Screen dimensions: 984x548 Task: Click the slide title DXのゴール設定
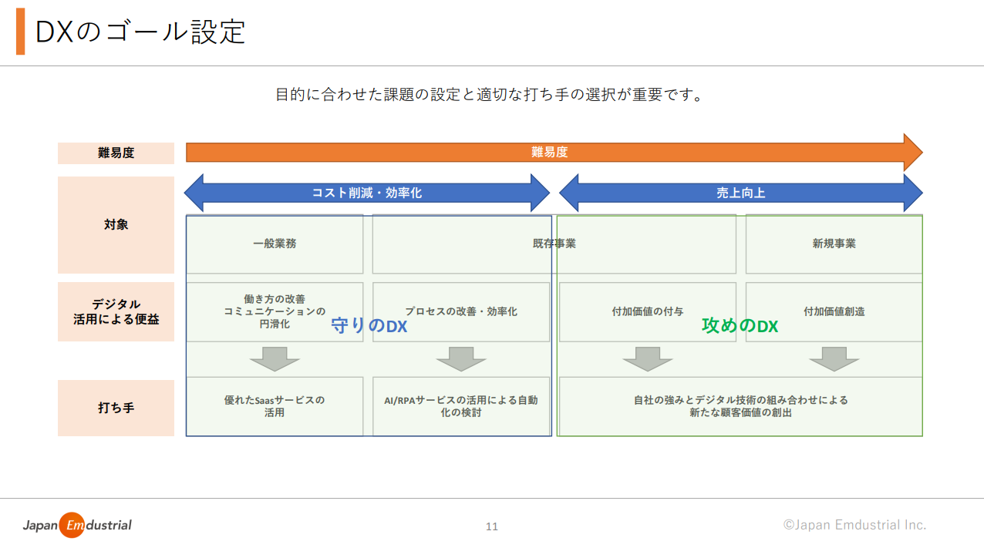[140, 32]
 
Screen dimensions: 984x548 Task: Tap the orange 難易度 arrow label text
[550, 152]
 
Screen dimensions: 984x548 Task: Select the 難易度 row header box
[116, 153]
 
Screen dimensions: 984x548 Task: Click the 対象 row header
[116, 225]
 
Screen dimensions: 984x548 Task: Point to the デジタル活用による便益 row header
[116, 311]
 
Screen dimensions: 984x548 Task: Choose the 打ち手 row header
[116, 408]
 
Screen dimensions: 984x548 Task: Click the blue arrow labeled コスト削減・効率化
[367, 193]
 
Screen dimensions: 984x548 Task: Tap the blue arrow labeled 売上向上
[740, 193]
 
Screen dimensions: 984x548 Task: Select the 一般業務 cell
[275, 244]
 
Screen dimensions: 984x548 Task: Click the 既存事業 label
[554, 244]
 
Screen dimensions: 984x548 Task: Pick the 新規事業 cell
[834, 244]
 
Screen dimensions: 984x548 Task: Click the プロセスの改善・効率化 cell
[461, 311]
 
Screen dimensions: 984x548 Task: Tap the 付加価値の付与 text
[648, 311]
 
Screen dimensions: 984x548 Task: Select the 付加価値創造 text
[834, 311]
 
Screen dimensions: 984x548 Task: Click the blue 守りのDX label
[369, 326]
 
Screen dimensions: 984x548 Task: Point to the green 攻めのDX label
[740, 326]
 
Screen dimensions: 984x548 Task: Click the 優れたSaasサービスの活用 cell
[275, 407]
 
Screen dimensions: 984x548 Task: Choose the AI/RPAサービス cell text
[461, 406]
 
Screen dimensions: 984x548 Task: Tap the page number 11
[492, 526]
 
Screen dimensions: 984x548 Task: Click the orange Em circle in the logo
[72, 525]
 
